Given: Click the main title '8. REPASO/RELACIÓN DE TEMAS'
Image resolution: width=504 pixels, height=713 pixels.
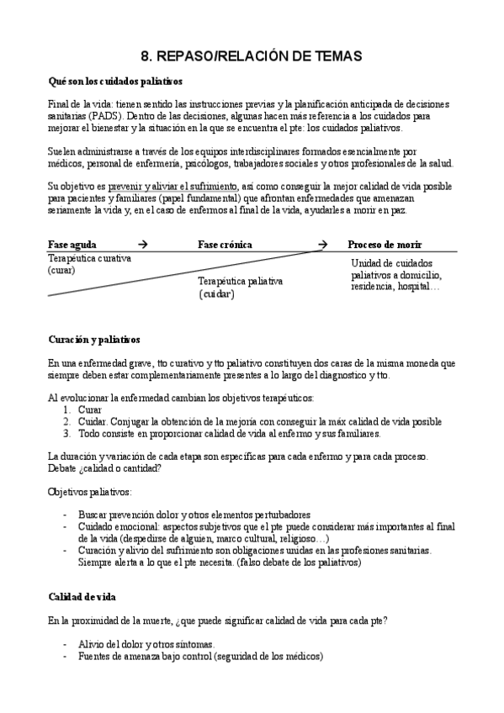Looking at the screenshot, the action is click(x=251, y=56).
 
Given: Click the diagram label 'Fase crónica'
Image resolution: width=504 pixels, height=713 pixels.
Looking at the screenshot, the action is click(x=225, y=245).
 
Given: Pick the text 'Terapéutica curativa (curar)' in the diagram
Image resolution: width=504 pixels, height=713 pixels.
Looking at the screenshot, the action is click(x=89, y=264).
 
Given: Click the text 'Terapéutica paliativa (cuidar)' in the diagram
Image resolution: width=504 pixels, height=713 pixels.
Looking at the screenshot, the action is click(x=240, y=288).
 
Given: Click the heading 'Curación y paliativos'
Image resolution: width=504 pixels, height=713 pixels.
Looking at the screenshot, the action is click(x=93, y=340).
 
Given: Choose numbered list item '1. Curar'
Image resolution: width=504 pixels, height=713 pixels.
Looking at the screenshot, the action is click(x=88, y=409).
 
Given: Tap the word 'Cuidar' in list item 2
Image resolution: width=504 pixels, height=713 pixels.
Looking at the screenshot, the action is click(x=93, y=421).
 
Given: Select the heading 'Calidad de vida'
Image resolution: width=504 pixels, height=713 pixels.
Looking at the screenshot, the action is click(x=82, y=596).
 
